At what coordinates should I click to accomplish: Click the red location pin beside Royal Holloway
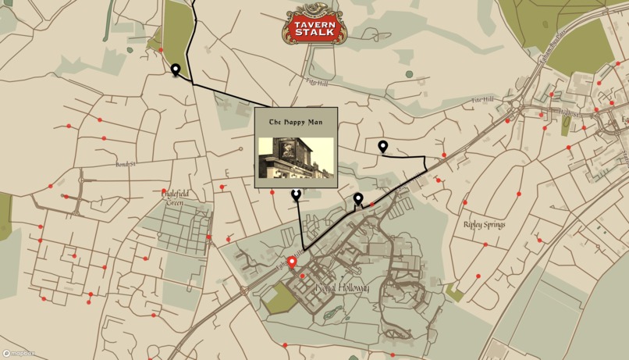[292, 262]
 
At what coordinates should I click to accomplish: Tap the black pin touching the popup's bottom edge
[296, 195]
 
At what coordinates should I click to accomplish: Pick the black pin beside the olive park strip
[176, 70]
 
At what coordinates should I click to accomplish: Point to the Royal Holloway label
[343, 288]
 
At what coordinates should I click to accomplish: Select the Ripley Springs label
[484, 225]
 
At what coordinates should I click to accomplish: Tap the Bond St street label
[126, 165]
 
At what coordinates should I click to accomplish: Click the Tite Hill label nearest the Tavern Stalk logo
[318, 81]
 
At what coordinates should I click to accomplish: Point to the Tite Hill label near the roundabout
[483, 100]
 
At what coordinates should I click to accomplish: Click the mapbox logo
[20, 354]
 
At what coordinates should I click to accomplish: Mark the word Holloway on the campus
[353, 288]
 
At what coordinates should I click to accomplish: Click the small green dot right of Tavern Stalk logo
[410, 75]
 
